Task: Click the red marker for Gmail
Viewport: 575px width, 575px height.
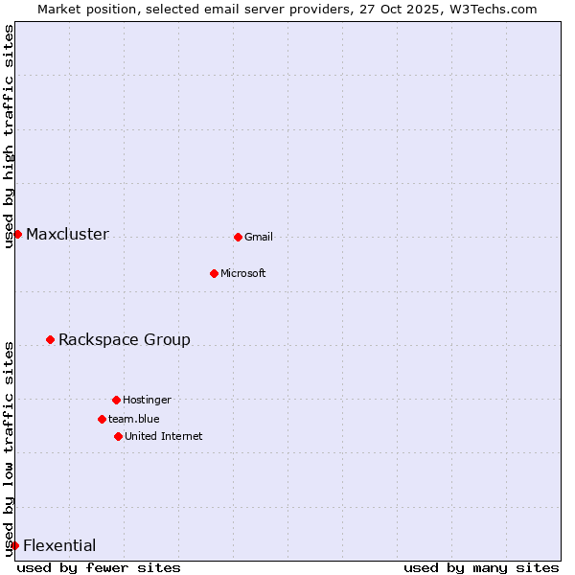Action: point(238,237)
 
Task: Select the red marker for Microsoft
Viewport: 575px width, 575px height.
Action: point(214,273)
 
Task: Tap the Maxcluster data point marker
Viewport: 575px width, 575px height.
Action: point(17,234)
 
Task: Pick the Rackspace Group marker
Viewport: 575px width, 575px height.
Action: point(50,339)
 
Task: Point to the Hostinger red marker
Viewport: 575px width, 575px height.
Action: point(116,400)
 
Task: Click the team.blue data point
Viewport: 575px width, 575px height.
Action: point(102,419)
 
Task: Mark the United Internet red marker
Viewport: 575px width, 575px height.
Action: point(118,436)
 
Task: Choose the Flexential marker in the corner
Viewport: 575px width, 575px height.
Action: point(14,545)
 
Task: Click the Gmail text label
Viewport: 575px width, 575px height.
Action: point(259,237)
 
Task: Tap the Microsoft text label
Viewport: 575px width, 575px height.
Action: point(243,273)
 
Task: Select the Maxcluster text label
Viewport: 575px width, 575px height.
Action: point(67,235)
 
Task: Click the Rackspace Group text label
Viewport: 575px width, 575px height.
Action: point(125,340)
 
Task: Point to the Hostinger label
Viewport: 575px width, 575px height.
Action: point(147,400)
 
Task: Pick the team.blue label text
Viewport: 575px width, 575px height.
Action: point(134,419)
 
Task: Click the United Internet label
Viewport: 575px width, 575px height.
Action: point(164,436)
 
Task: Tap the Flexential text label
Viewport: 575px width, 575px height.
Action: point(59,546)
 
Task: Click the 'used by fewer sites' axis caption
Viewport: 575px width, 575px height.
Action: point(99,567)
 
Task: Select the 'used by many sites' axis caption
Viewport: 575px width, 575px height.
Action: point(481,567)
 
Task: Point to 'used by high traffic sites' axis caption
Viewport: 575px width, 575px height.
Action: point(10,136)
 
